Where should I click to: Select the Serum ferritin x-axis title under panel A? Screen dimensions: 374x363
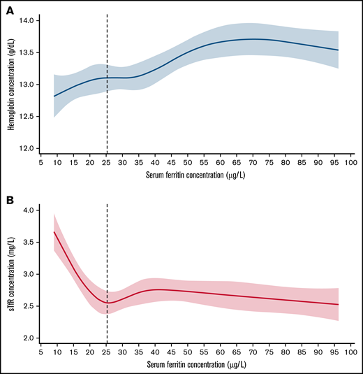[195, 176]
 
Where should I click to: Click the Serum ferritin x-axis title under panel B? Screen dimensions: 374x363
[195, 366]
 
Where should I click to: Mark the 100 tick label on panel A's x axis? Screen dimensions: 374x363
[351, 162]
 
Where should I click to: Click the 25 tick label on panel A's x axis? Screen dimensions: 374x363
[106, 162]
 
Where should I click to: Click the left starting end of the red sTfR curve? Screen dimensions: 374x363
[54, 231]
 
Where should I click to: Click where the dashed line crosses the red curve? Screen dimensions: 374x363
[106, 303]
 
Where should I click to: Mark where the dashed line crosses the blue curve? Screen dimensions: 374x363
[106, 78]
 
